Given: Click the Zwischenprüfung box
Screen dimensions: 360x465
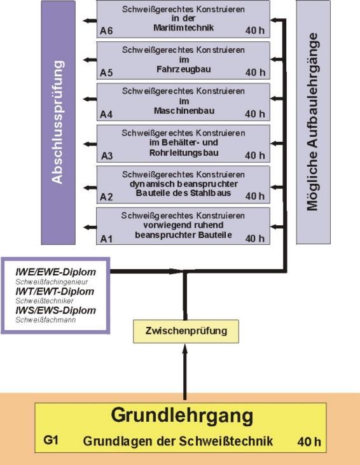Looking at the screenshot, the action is [186, 331].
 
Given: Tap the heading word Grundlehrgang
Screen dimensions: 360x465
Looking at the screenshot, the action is [182, 416].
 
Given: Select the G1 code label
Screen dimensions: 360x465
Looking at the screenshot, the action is [51, 440].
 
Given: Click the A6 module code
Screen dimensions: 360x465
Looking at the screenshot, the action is [106, 31].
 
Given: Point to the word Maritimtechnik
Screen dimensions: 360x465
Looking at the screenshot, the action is [183, 27].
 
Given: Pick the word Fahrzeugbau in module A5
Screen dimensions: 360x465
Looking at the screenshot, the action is [184, 69].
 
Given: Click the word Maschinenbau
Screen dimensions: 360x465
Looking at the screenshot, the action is [184, 111].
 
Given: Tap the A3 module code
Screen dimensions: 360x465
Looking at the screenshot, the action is [107, 156].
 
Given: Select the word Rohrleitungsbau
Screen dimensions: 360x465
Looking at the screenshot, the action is [184, 153].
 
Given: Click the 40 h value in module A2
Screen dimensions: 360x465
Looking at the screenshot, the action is [254, 196].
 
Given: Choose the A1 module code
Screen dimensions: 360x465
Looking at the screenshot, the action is [106, 239].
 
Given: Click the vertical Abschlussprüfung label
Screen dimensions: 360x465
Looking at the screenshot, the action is [57, 122].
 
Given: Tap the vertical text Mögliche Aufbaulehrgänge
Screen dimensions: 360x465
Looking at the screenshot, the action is [312, 121].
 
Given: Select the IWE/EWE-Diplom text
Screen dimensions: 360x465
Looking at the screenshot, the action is [55, 272].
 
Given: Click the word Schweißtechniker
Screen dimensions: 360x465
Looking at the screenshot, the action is [44, 301].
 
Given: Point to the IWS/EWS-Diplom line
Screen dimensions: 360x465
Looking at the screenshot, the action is [55, 310].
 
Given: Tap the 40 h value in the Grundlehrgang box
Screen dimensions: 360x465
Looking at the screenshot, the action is [309, 441].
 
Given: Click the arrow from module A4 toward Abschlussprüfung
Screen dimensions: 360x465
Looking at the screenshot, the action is [90, 99].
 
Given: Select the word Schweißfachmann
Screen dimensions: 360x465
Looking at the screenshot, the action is [46, 320].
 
